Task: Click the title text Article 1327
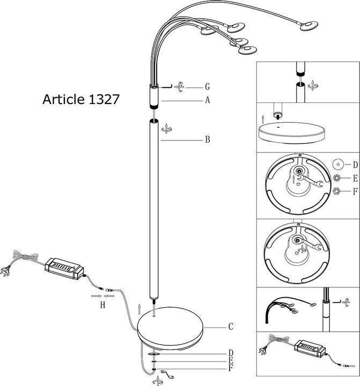coord(80,100)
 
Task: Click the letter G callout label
coord(207,86)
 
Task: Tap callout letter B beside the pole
coord(207,140)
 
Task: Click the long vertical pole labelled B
coord(155,209)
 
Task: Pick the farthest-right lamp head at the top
coord(308,26)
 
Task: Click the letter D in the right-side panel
coord(355,164)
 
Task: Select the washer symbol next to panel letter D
coord(338,164)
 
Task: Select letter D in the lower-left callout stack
coord(231,353)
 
